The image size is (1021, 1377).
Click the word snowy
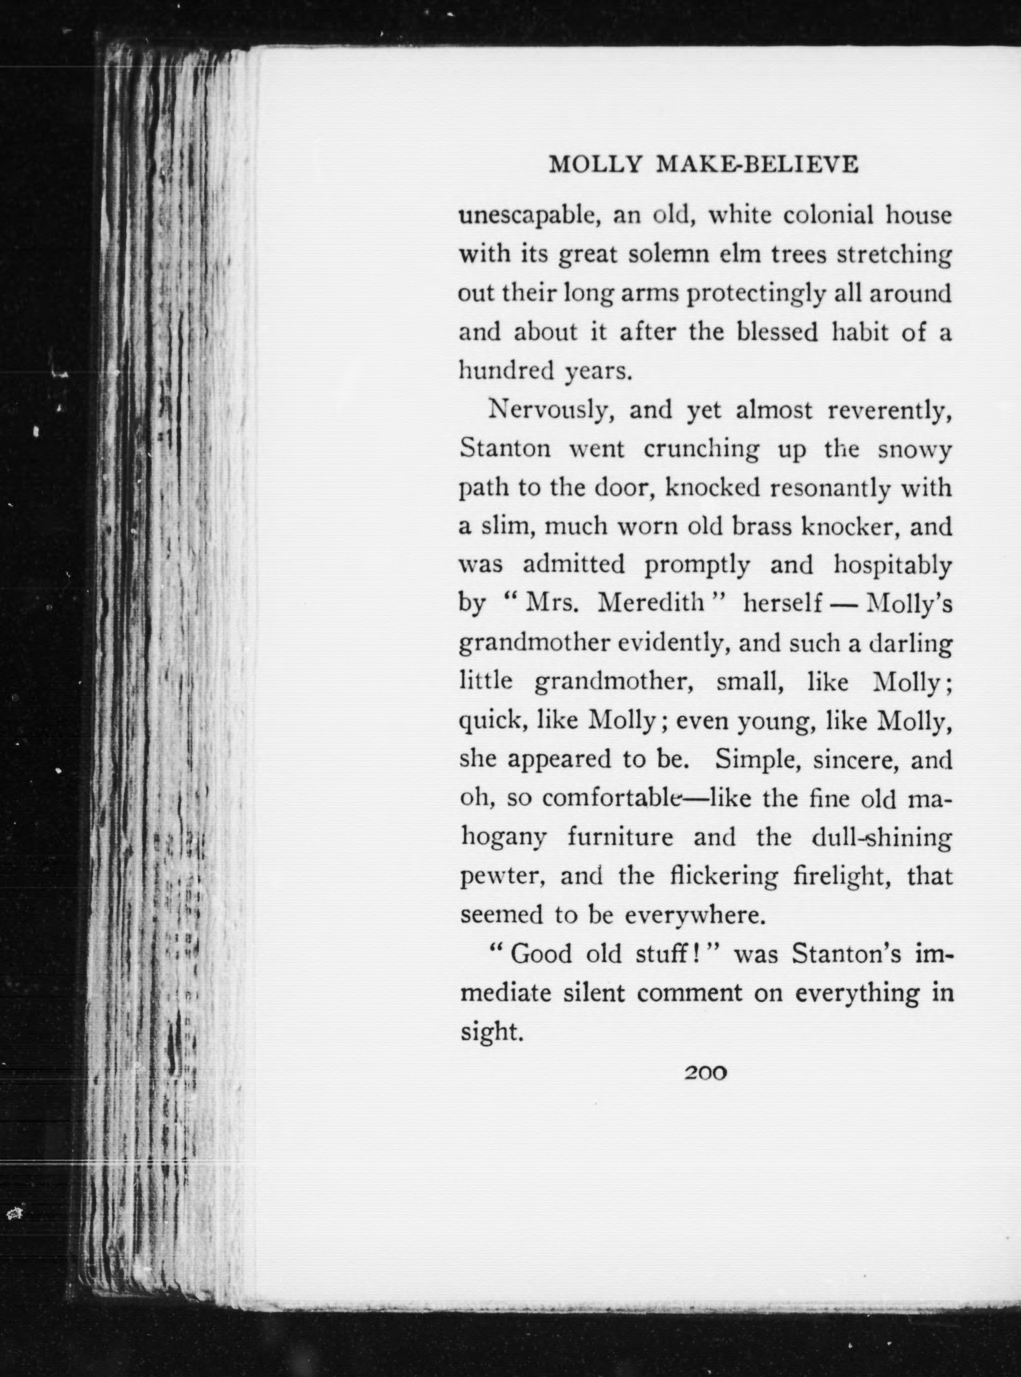coord(915,450)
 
